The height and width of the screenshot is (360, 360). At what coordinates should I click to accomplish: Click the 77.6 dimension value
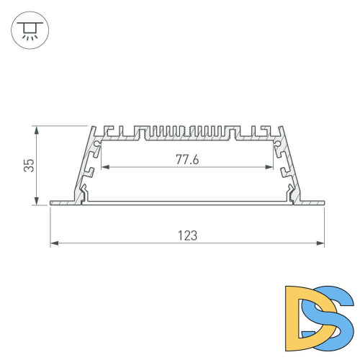click(186, 160)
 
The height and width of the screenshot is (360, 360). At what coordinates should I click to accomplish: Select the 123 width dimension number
click(186, 235)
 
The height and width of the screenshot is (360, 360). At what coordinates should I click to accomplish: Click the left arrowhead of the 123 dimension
click(53, 244)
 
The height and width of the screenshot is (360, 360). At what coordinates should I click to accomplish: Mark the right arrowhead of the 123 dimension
click(321, 244)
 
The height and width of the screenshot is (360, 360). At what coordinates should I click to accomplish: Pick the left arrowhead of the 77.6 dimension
click(104, 168)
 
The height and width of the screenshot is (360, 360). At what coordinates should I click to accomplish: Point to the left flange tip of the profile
click(53, 202)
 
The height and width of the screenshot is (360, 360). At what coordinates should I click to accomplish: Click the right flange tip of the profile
click(321, 202)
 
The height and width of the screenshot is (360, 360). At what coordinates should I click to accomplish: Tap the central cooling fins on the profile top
click(186, 132)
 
